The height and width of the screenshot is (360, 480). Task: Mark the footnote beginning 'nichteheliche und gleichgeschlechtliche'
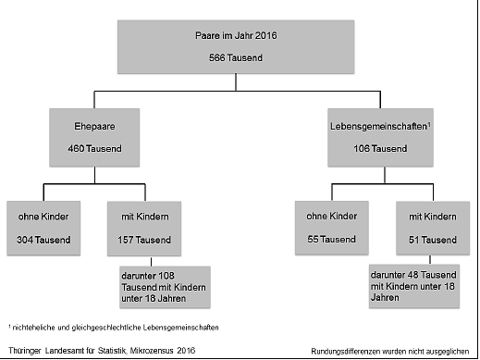(x=115, y=327)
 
